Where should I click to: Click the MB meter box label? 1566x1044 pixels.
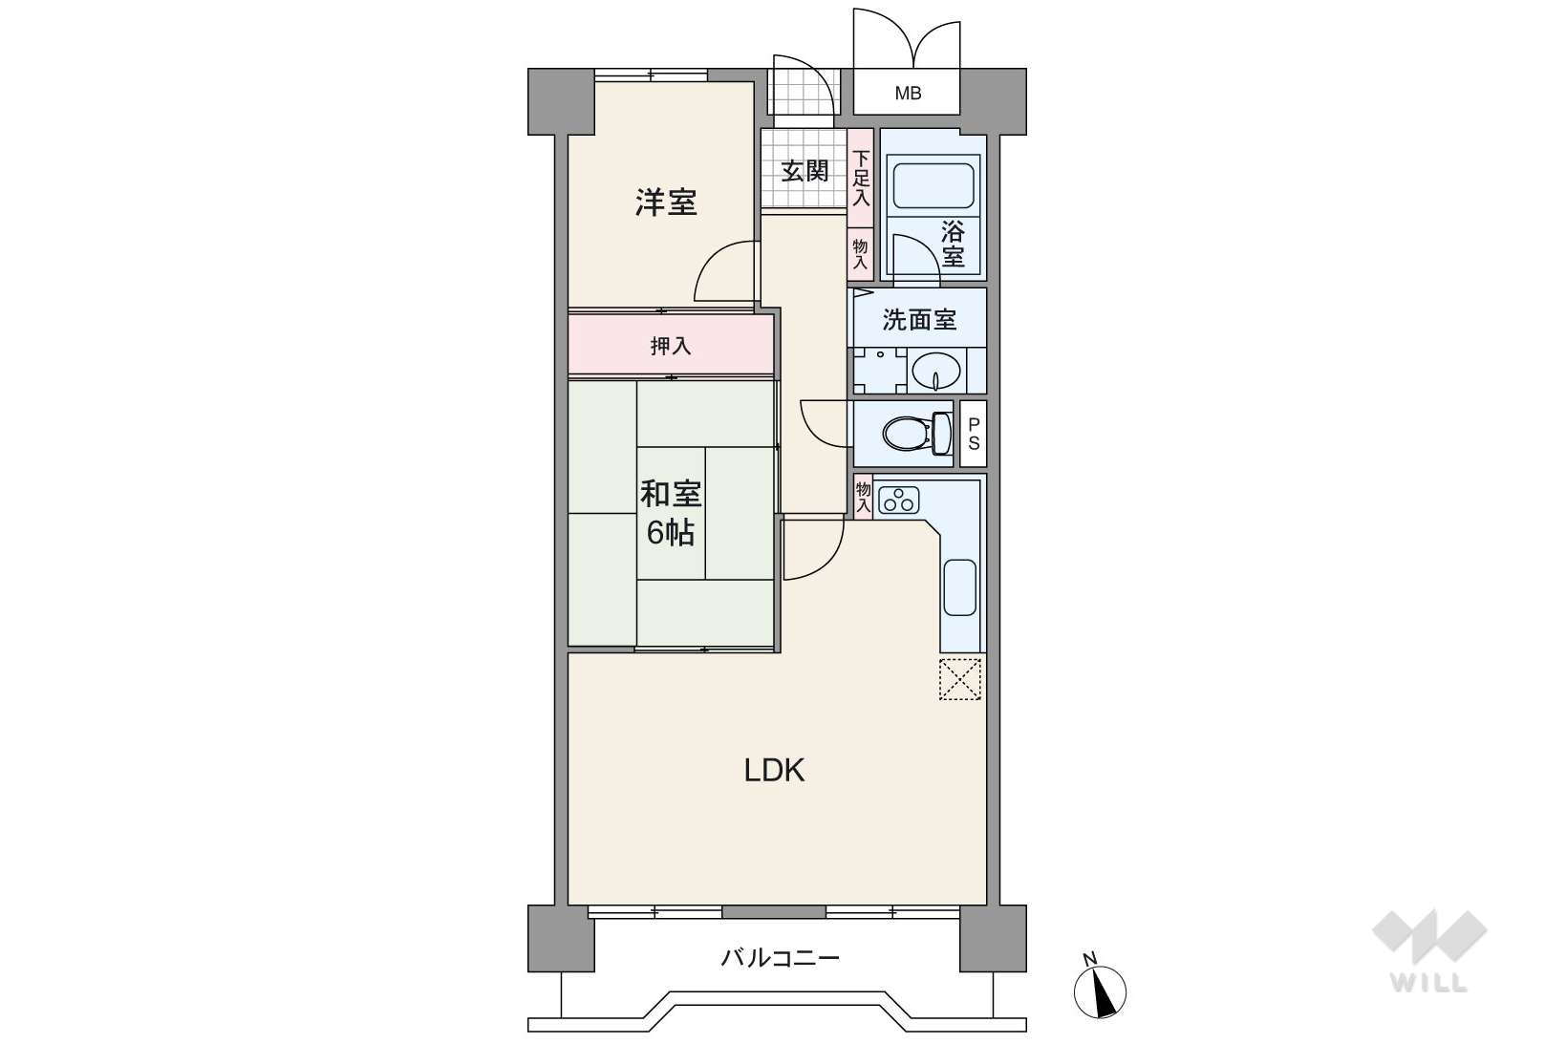click(908, 93)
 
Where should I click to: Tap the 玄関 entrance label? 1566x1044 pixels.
click(804, 171)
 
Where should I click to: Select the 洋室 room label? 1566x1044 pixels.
click(666, 202)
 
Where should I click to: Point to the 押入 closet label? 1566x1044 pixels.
click(671, 345)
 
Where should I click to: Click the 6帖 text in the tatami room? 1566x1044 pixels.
click(671, 533)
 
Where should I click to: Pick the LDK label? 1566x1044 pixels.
click(774, 770)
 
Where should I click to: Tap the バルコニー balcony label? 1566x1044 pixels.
click(781, 957)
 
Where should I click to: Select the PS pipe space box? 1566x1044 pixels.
click(974, 434)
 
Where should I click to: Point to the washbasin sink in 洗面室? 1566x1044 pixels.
click(936, 371)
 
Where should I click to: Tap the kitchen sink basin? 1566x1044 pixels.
click(960, 587)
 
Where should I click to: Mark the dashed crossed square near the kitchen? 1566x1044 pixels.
click(960, 678)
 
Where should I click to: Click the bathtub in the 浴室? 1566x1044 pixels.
click(933, 185)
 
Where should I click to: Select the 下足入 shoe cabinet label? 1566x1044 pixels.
click(861, 179)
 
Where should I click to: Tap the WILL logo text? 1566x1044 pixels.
click(1428, 983)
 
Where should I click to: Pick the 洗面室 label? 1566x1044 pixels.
click(918, 319)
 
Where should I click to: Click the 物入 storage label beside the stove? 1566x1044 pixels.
click(864, 496)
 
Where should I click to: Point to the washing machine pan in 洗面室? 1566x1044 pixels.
click(880, 371)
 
